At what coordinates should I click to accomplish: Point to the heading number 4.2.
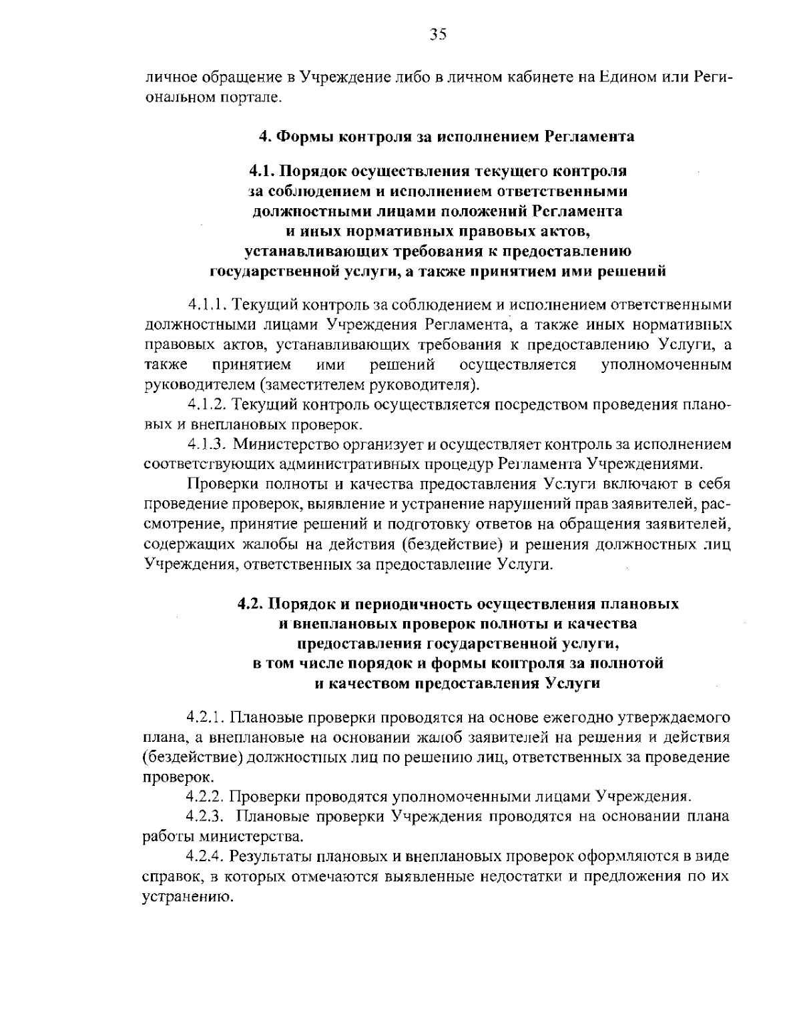tap(252, 604)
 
